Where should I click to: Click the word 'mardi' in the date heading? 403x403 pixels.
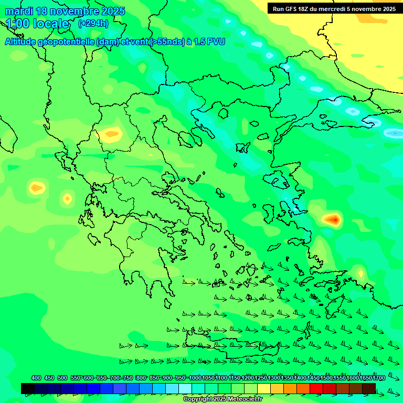18,11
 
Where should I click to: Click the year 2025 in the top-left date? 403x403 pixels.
111,11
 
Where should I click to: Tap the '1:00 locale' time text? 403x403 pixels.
37,24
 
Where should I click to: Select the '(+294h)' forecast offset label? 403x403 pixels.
93,24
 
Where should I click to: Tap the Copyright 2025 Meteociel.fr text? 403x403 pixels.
222,399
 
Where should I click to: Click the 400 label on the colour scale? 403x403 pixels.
36,378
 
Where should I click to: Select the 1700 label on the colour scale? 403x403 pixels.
379,378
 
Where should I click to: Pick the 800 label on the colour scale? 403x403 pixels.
141,378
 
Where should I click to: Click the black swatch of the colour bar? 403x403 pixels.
28,388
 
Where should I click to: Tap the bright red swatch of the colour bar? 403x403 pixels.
316,388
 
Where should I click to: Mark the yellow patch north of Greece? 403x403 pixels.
111,134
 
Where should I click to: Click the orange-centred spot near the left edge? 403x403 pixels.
36,187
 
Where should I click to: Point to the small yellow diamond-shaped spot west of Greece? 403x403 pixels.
67,198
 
